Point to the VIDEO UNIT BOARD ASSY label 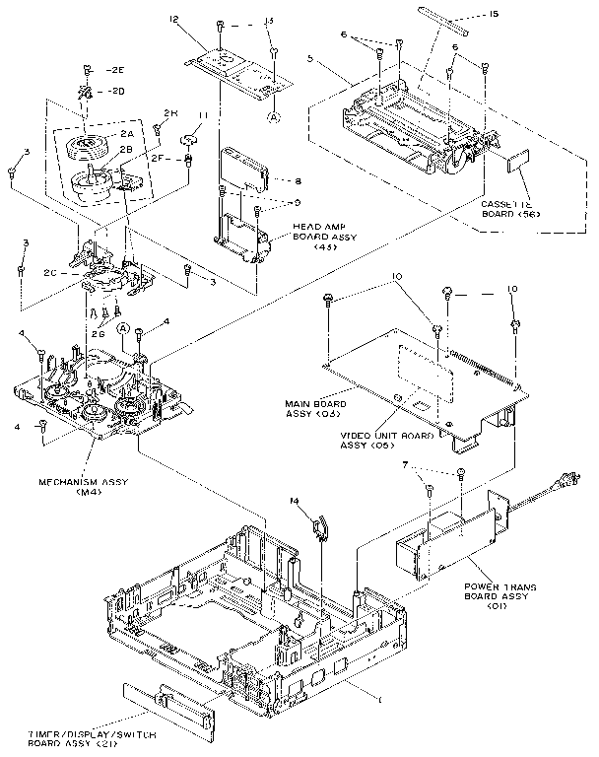[375, 439]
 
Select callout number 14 [295, 502]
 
